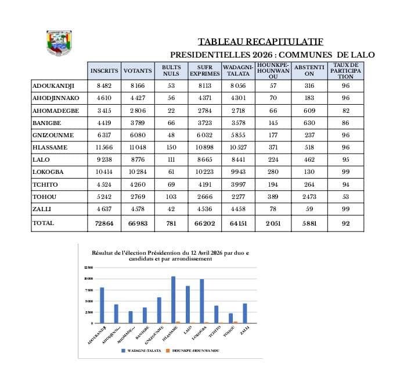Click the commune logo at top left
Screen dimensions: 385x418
[59, 42]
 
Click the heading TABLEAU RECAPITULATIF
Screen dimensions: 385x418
[260, 41]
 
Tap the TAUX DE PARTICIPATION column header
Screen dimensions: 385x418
[345, 71]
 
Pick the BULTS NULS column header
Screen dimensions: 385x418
[171, 71]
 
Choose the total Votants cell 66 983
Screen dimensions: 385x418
[137, 223]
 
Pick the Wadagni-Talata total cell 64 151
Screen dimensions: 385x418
[237, 223]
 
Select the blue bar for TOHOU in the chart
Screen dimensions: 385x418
[230, 318]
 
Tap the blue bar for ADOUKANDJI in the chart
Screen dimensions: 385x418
[102, 305]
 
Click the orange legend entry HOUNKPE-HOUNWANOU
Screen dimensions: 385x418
[194, 351]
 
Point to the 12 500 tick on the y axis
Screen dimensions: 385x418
[89, 268]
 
